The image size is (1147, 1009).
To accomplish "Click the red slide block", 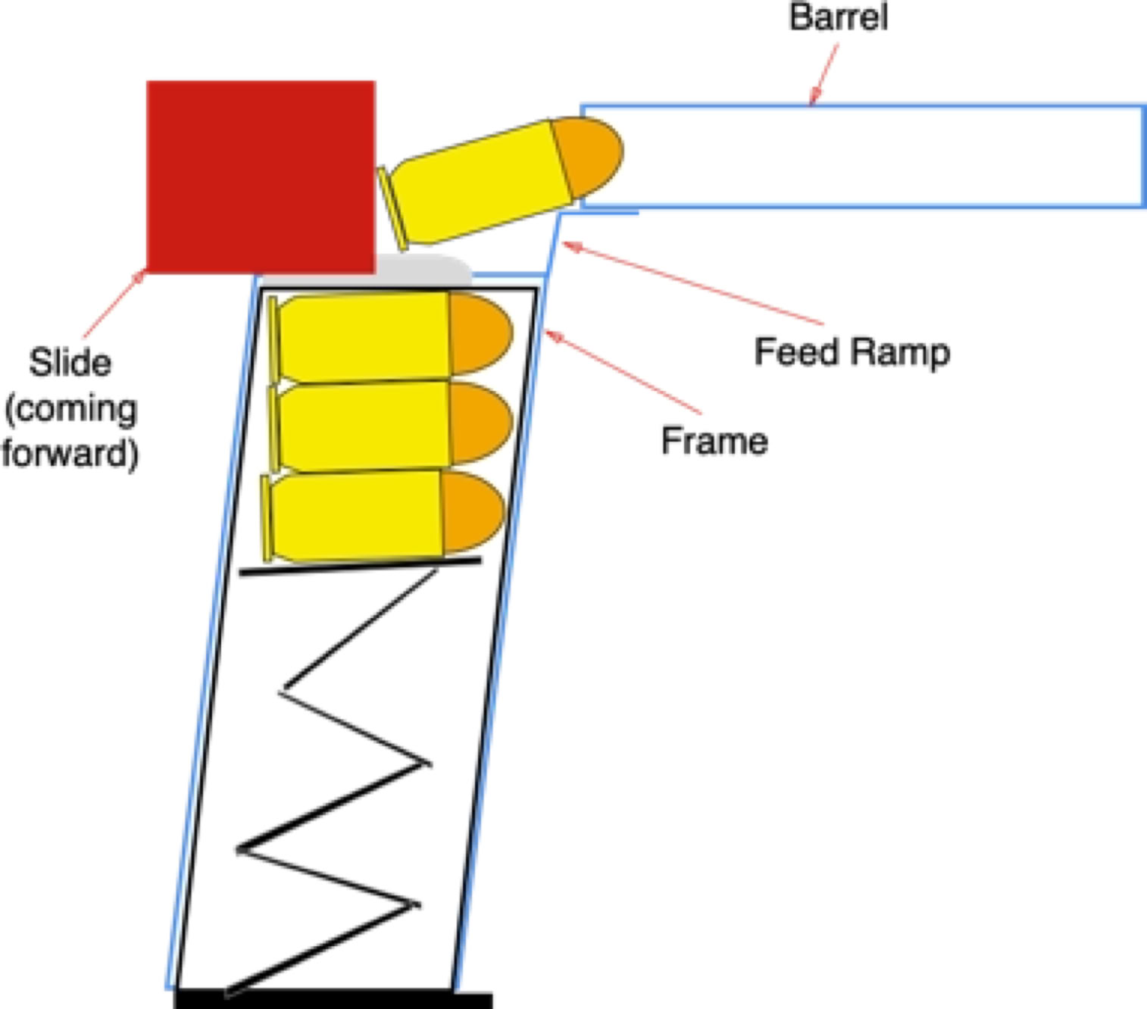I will (261, 176).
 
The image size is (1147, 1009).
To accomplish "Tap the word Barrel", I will (838, 17).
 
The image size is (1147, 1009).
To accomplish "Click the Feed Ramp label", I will (852, 352).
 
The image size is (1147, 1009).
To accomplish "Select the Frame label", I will (714, 441).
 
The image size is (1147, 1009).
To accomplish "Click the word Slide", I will (70, 362).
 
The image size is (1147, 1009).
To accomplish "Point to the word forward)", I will (70, 453).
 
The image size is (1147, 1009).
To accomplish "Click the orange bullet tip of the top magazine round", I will (480, 333).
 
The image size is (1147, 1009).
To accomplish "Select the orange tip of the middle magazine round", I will (480, 422).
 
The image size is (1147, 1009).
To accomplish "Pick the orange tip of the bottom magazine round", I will (473, 511).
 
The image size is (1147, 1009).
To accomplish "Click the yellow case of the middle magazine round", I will (364, 424).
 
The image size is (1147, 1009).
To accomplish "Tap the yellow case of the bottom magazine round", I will (356, 515).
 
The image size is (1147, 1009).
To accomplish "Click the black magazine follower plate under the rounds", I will (361, 565).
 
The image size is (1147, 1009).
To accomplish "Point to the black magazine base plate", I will (333, 998).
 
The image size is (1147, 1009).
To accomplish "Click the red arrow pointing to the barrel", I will (824, 74).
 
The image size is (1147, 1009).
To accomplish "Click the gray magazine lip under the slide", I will (424, 268).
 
